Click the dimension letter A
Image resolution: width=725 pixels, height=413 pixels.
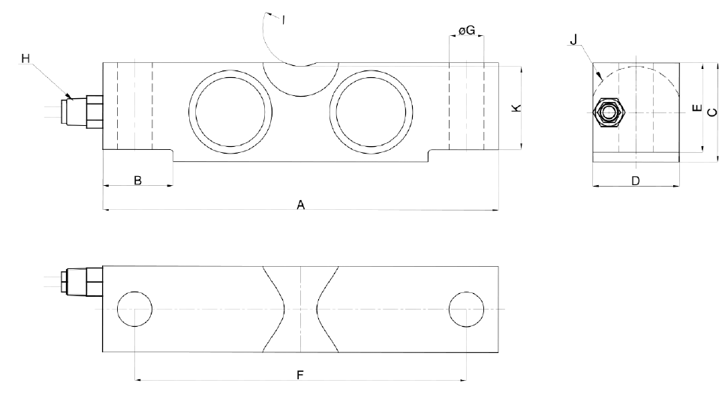click(300, 204)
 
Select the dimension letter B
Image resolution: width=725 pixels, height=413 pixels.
click(137, 180)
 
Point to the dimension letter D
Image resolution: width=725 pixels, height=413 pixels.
click(635, 181)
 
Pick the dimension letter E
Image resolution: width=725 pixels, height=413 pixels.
click(696, 109)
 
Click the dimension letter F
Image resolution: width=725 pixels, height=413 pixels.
click(299, 375)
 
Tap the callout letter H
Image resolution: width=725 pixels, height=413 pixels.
click(26, 59)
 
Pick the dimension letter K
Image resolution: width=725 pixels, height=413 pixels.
click(515, 109)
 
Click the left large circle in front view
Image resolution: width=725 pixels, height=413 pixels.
click(228, 107)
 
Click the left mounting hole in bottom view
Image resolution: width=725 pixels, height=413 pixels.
click(135, 309)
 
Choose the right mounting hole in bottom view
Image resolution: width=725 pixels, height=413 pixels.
click(465, 309)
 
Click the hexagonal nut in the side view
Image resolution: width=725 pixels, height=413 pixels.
click(608, 113)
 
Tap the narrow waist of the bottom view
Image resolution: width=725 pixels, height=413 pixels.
click(300, 309)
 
